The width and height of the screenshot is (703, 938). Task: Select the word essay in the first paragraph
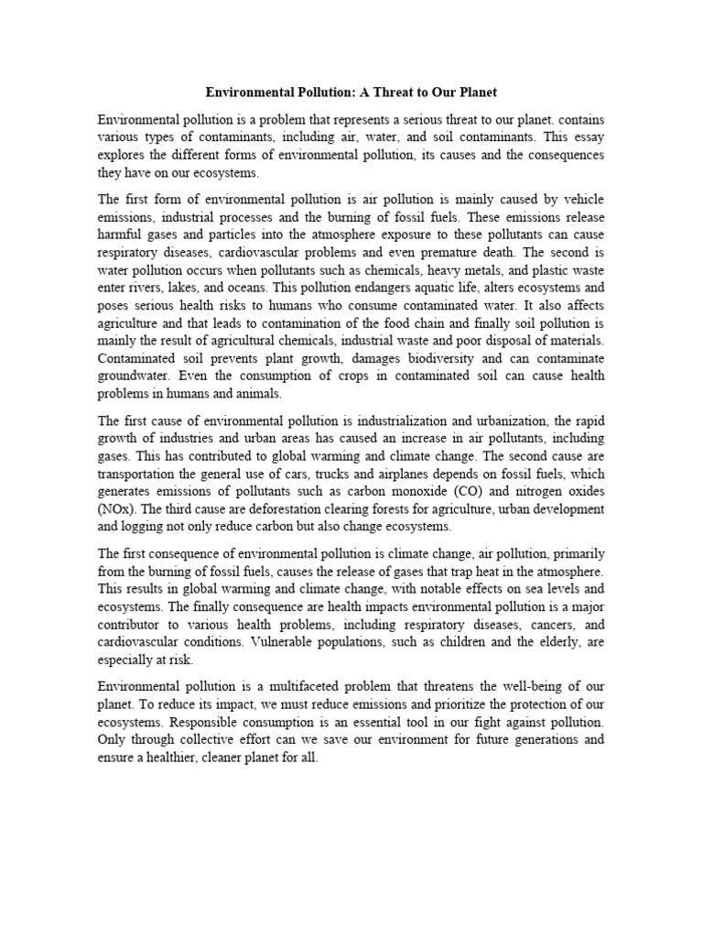point(584,138)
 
